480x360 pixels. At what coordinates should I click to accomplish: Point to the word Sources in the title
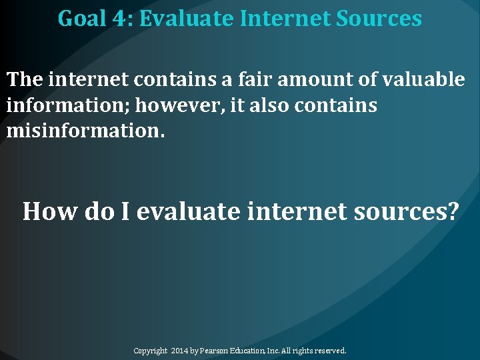379,18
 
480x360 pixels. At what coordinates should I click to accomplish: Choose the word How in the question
51,212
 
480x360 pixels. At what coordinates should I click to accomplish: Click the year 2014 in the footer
180,350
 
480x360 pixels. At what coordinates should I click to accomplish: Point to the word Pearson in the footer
215,350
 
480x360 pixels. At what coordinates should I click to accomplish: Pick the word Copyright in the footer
150,350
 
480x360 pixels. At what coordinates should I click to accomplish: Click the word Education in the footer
250,350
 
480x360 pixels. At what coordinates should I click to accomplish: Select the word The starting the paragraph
25,80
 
